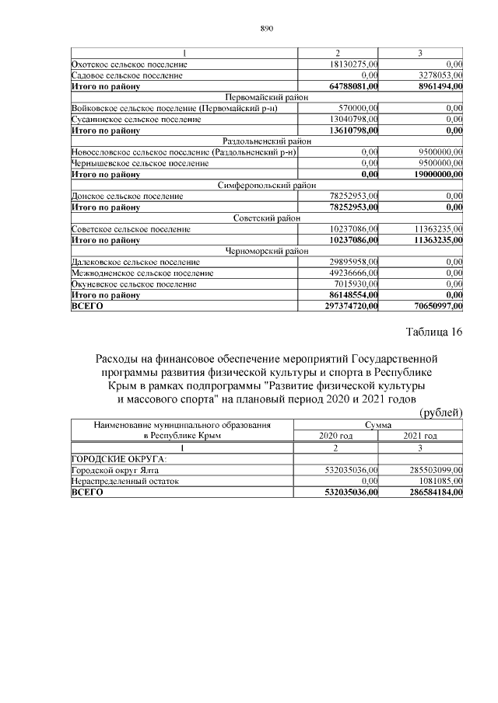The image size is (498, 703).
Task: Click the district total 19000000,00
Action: pos(433,176)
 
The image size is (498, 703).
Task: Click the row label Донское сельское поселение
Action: pos(120,197)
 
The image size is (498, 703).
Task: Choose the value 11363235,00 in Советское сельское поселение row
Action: pos(434,230)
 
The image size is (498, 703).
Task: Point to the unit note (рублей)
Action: pos(441,412)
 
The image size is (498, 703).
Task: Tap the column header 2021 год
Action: pos(420,437)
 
